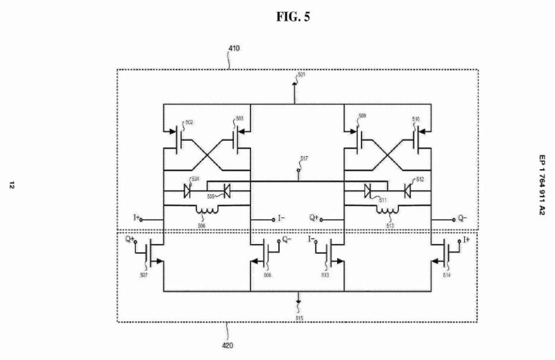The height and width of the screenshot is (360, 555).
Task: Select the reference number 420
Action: (228, 343)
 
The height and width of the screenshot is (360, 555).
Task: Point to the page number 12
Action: (12, 185)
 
